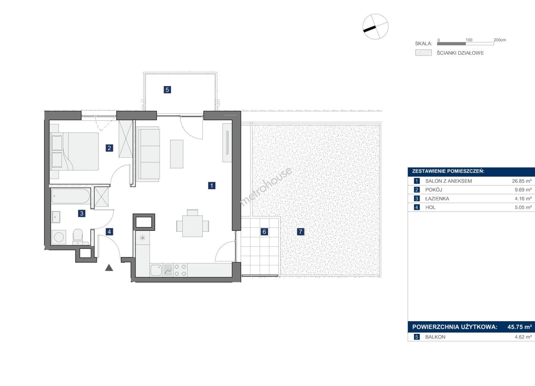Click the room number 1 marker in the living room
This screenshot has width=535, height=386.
pos(212,185)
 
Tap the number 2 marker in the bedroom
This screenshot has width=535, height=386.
pos(109,148)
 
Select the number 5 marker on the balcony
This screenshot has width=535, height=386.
pos(167,90)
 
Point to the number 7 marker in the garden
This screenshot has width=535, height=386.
pos(300,232)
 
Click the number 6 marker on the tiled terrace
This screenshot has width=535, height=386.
pos(264,232)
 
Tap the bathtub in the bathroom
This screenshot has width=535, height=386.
pos(70,196)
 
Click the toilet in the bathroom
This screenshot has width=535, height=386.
pos(78,237)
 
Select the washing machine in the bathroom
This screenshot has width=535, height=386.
pos(59,237)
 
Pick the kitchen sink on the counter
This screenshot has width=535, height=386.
pos(156,270)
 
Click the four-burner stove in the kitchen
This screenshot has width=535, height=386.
pos(180,270)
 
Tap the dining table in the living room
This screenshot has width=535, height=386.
pos(192,226)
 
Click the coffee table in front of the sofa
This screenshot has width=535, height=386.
pos(177,154)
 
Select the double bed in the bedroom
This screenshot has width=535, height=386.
pos(74,151)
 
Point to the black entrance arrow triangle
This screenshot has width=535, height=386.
pos(109,268)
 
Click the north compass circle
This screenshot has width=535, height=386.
pos(376,26)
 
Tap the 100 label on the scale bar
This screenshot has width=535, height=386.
pos(469,40)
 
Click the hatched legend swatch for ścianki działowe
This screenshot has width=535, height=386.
pos(423,53)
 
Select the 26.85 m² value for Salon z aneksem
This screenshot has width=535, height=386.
pos(522,181)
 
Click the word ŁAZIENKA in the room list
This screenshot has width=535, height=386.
pos(437,199)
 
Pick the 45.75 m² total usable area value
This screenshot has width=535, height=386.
pos(520,327)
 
